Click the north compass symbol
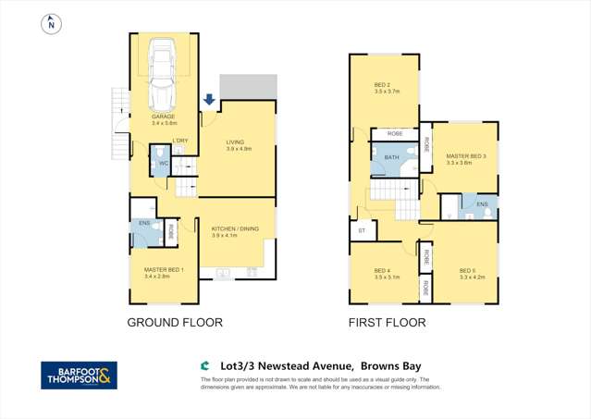click(50, 25)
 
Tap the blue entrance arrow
click(209, 100)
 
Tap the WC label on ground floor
click(163, 164)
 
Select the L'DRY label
click(180, 140)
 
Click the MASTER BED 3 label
click(465, 156)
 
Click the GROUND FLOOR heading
click(174, 323)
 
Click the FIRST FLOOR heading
click(387, 323)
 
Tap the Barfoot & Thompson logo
click(79, 375)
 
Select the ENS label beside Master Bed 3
click(482, 203)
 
